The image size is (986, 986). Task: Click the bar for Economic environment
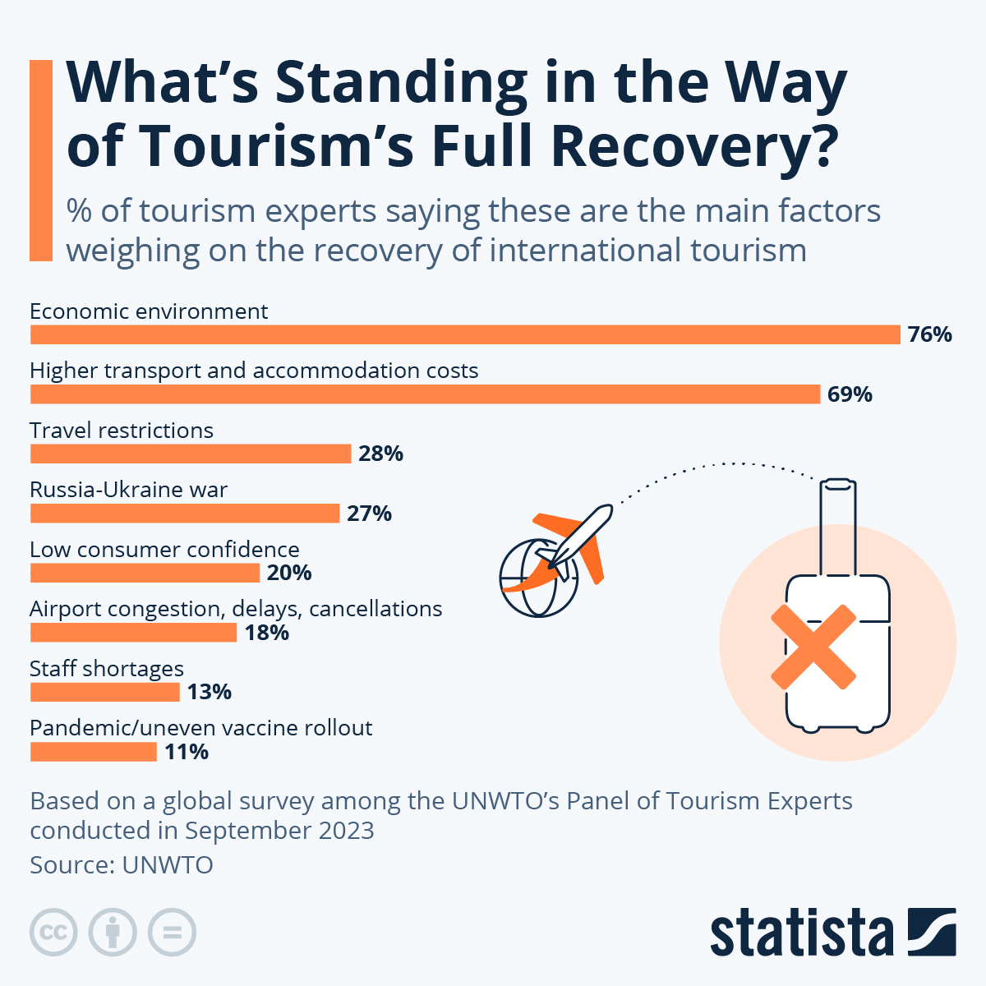465,334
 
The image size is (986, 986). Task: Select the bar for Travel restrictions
191,454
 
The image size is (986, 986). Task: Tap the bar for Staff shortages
104,692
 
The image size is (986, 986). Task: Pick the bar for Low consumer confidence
145,573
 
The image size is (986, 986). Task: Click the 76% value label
929,334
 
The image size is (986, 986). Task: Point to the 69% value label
850,394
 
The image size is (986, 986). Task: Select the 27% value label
369,514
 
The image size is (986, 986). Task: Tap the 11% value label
186,752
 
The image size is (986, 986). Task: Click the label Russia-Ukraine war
128,490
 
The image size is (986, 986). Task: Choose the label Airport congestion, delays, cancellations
236,609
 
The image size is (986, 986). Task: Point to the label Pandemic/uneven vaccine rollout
200,728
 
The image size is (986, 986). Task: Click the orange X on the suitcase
813,647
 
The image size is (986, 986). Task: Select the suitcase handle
837,526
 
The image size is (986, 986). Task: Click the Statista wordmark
801,933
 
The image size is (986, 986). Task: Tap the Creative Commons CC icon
53,933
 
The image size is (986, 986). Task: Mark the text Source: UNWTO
122,864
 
